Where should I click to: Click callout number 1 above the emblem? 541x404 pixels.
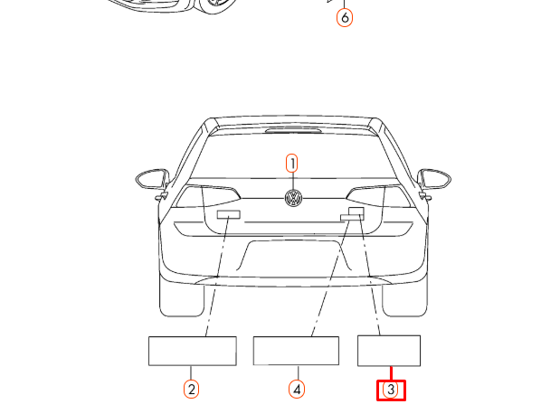point(292,164)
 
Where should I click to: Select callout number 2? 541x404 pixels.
point(191,390)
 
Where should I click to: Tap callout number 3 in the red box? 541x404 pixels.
point(391,390)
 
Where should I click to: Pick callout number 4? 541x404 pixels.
point(297,390)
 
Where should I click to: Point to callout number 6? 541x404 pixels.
point(345,17)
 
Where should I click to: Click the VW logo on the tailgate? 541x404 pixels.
point(294,198)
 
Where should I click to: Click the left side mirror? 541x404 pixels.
point(153,179)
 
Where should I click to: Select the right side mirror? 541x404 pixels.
point(434,179)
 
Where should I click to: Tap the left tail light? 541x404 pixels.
point(206,196)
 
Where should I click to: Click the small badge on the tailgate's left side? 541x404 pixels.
point(229,215)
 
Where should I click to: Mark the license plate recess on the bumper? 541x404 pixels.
point(294,256)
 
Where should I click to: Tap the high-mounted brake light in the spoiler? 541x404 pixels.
point(294,130)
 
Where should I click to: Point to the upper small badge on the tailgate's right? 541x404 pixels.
point(356,211)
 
